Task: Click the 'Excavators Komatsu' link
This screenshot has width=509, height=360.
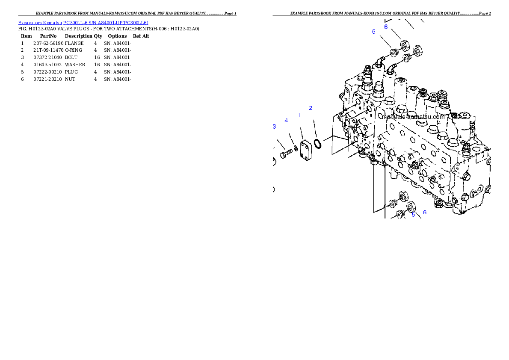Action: coord(40,23)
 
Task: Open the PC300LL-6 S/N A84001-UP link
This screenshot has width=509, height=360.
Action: coord(106,23)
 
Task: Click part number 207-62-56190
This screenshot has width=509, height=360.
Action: coord(48,43)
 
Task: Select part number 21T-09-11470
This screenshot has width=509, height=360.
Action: coord(48,50)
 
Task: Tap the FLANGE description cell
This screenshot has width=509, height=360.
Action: coord(74,43)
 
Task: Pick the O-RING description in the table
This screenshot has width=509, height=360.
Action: coord(74,50)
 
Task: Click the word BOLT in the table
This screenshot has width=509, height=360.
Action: coord(71,57)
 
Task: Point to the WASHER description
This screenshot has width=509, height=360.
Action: coord(75,65)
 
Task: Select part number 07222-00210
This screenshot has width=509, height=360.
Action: coord(47,72)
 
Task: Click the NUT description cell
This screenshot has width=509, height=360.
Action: coord(70,79)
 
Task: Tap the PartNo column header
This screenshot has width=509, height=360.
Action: coord(48,36)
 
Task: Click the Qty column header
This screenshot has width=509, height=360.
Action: coord(98,36)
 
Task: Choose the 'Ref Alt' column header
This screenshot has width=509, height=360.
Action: coord(141,36)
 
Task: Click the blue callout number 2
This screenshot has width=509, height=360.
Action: coord(311,108)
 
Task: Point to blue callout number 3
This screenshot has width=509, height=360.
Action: coord(274,127)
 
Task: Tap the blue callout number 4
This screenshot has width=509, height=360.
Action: coord(286,121)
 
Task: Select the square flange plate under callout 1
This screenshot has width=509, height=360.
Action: coord(306,150)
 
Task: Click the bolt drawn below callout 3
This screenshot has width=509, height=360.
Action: coord(286,153)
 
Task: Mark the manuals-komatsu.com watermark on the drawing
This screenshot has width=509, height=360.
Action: coord(413,117)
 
